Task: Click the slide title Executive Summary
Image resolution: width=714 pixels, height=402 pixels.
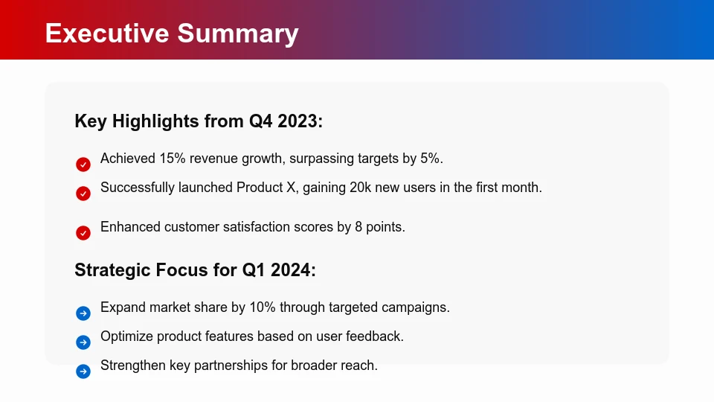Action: point(172,33)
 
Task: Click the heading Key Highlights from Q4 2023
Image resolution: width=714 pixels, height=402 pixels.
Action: point(199,121)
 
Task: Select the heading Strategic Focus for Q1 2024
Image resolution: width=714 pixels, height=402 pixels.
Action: point(195,270)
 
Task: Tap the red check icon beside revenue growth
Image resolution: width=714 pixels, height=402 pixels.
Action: point(83,165)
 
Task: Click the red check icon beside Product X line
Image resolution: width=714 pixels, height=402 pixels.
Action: point(83,194)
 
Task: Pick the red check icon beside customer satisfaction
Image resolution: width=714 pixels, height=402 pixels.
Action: point(83,233)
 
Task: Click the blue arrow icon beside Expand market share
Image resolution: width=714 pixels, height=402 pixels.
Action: point(83,313)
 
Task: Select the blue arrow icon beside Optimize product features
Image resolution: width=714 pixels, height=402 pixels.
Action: point(83,342)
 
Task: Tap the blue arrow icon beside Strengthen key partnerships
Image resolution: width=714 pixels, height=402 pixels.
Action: point(83,371)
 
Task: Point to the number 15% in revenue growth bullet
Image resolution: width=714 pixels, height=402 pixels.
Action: point(172,159)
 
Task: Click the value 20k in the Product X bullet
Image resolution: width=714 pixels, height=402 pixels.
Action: point(361,188)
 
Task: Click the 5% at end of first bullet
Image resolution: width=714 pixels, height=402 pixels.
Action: point(430,159)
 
